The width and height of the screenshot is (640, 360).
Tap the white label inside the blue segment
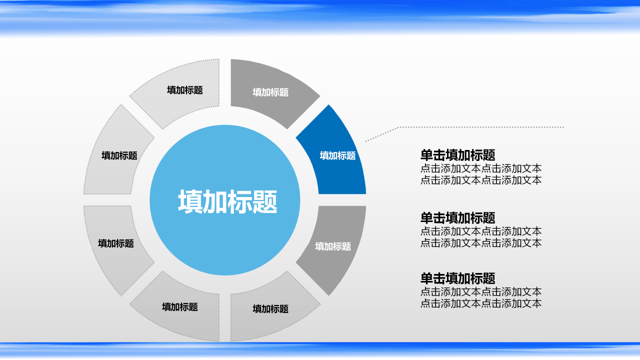(x=337, y=155)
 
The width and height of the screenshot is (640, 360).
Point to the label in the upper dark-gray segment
(x=270, y=92)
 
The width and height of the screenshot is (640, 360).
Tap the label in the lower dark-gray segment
(x=333, y=246)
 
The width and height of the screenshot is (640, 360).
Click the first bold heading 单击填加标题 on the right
(x=457, y=155)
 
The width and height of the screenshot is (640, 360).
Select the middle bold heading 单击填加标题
(x=457, y=218)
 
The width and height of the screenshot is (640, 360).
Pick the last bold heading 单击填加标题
(x=457, y=278)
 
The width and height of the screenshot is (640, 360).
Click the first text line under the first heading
(x=480, y=168)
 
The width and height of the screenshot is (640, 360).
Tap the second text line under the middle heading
(x=480, y=243)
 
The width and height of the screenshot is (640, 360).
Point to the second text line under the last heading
(x=480, y=303)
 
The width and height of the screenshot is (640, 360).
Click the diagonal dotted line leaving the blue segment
(x=382, y=134)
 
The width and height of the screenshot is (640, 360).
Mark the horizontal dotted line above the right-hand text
(x=480, y=127)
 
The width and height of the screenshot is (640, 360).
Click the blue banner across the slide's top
(x=320, y=15)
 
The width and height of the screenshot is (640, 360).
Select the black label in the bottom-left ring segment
(x=180, y=307)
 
